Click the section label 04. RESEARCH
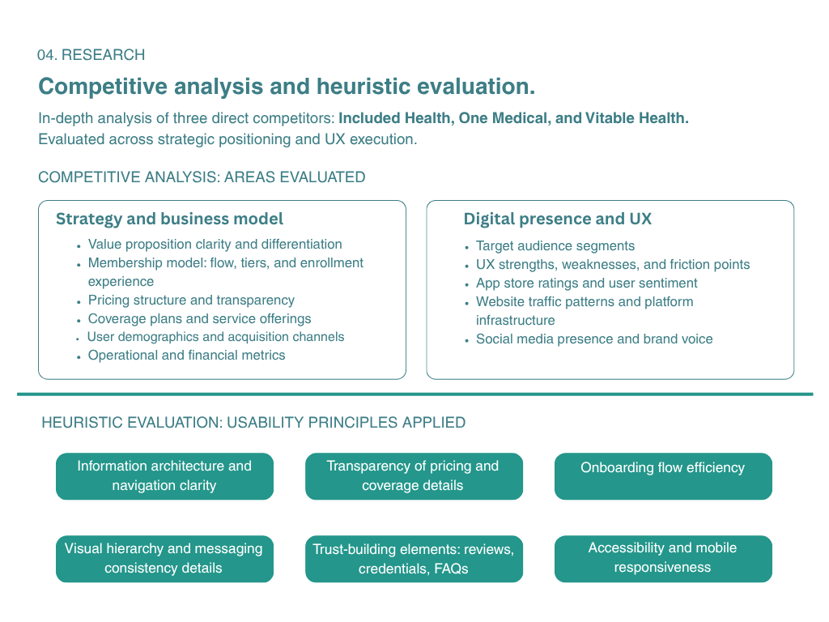pos(91,55)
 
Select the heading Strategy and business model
pos(169,219)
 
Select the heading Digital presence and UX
pos(557,219)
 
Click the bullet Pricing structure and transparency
pos(191,300)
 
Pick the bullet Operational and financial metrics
pos(186,356)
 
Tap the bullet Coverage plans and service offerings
pos(199,319)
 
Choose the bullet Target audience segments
pos(555,246)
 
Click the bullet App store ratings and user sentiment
pos(586,283)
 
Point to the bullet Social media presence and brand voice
pos(593,339)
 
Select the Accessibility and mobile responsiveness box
pos(662,558)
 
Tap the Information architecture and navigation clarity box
pos(164,476)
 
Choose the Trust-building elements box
pos(414,559)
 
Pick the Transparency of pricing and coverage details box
pos(414,476)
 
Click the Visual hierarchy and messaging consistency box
pos(164,559)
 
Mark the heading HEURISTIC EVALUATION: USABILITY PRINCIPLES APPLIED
pos(253,423)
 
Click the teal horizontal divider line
pos(414,394)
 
